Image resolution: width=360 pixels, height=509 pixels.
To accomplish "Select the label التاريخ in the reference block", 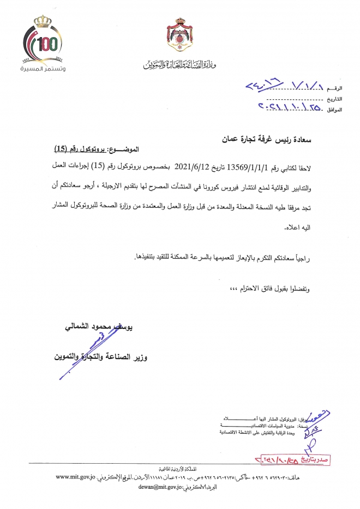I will click(335, 99).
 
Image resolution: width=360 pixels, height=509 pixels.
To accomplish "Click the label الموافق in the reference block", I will click(335, 110).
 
